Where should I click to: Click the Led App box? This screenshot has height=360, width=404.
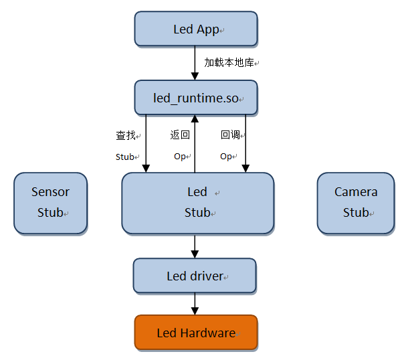pyautogui.click(x=195, y=29)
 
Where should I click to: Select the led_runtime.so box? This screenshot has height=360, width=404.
pyautogui.click(x=195, y=98)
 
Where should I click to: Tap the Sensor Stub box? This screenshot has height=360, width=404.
pyautogui.click(x=50, y=203)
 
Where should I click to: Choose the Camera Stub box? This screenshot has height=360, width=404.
pyautogui.click(x=355, y=203)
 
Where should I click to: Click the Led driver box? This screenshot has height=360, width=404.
pyautogui.click(x=195, y=276)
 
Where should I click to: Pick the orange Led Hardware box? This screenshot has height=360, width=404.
pyautogui.click(x=195, y=333)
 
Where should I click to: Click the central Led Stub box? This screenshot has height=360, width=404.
pyautogui.click(x=197, y=203)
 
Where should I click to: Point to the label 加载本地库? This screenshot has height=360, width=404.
pyautogui.click(x=229, y=62)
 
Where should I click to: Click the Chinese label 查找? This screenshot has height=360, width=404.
pyautogui.click(x=126, y=135)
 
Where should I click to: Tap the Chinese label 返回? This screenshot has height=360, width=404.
pyautogui.click(x=180, y=135)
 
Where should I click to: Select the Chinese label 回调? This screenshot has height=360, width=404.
pyautogui.click(x=230, y=135)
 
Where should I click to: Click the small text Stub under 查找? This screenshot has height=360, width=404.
pyautogui.click(x=125, y=157)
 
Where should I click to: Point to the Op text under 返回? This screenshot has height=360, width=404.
pyautogui.click(x=179, y=157)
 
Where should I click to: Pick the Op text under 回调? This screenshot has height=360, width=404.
pyautogui.click(x=227, y=157)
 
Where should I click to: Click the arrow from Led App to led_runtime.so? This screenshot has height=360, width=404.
pyautogui.click(x=195, y=63)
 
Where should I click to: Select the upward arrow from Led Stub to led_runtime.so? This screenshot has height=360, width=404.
pyautogui.click(x=195, y=143)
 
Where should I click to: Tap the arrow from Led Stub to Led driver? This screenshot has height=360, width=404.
pyautogui.click(x=195, y=246)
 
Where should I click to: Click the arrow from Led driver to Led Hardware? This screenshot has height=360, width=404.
pyautogui.click(x=195, y=304)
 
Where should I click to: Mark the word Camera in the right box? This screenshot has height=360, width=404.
pyautogui.click(x=356, y=192)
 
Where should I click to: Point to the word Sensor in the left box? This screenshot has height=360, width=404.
pyautogui.click(x=50, y=192)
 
